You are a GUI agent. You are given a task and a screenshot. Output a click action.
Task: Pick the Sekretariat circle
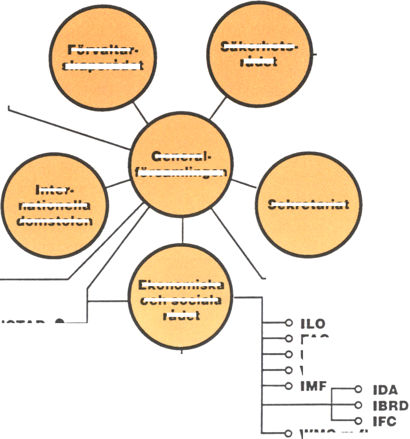(308, 204)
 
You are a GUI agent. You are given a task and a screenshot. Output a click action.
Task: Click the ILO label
(313, 324)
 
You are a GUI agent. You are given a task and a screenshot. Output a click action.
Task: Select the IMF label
(313, 385)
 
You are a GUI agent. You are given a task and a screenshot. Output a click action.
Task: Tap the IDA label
(385, 390)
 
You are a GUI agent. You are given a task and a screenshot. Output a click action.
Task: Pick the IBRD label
(390, 405)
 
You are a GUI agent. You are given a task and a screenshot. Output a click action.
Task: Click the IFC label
(384, 421)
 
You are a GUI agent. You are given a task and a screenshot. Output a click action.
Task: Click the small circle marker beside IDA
(358, 389)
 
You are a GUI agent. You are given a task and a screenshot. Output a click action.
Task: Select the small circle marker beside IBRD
(358, 405)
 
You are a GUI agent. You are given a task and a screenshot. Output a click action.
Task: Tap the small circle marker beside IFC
(358, 421)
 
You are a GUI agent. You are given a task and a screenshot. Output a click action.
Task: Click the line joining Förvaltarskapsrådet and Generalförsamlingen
(141, 112)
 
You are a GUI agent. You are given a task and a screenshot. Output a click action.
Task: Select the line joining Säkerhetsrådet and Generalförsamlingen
(218, 109)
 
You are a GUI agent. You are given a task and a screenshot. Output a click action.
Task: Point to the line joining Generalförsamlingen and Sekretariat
(244, 184)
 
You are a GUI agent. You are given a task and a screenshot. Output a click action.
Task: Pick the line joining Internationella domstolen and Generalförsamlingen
(117, 183)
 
